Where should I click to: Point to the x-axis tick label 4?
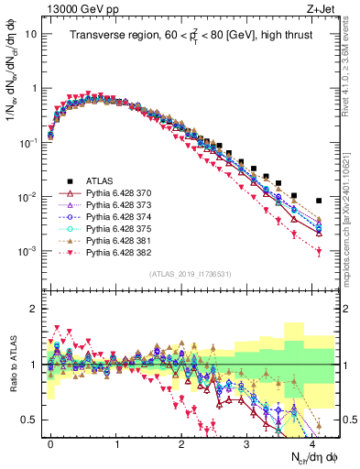pyautogui.click(x=312, y=442)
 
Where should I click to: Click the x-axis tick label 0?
pyautogui.click(x=50, y=442)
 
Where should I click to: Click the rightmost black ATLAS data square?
pyautogui.click(x=319, y=201)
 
